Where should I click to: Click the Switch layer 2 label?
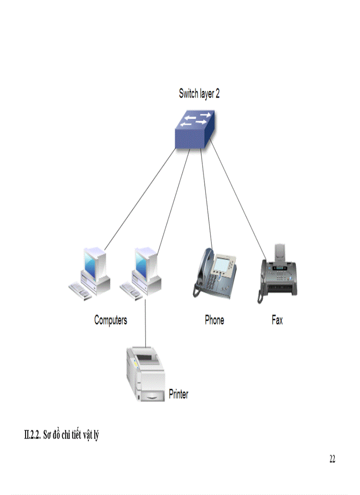199,94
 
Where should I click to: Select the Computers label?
110,320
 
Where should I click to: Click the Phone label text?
214,320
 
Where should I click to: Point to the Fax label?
277,320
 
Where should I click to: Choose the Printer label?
179,394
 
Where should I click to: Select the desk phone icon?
215,273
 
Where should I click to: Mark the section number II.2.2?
33,435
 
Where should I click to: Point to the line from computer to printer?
146,322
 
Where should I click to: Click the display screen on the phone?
225,265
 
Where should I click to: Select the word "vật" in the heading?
83,435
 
